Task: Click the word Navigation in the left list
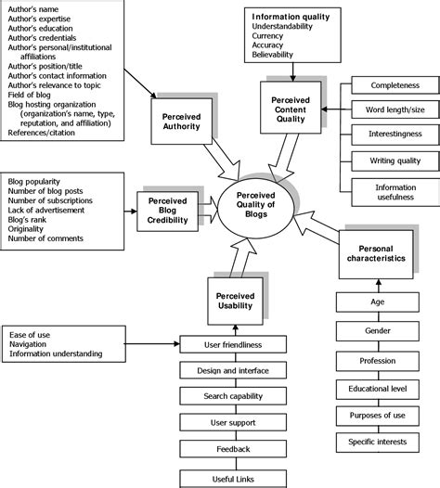pyautogui.click(x=30, y=343)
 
